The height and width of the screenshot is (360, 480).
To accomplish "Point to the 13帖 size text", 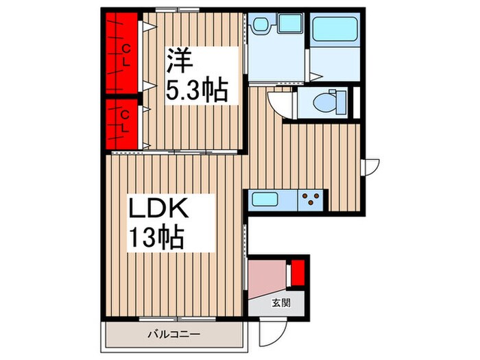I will coord(156,238).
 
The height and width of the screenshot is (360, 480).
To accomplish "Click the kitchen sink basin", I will coord(265,200).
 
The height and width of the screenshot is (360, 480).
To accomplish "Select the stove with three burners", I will coord(312,200).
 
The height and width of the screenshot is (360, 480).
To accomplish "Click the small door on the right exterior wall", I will coord(371,165).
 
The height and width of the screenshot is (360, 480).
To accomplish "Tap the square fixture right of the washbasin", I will coord(290,25).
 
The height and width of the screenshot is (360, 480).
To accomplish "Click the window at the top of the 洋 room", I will coord(176,9).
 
